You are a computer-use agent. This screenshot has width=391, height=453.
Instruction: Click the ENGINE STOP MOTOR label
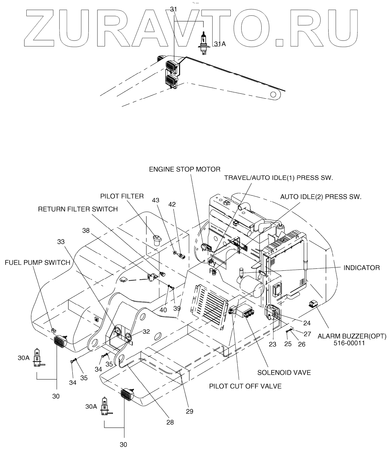185,169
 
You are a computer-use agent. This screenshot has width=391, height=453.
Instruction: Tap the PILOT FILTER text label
122,196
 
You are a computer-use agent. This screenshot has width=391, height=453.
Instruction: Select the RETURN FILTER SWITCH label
78,209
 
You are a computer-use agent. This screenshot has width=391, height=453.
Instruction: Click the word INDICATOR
362,267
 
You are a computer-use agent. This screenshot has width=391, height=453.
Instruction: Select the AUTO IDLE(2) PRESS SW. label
321,197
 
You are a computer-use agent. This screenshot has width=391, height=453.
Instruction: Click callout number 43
155,200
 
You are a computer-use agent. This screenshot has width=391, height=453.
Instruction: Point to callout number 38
86,231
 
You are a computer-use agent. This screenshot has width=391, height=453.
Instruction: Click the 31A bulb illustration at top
204,43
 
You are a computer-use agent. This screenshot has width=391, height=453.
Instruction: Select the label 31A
220,44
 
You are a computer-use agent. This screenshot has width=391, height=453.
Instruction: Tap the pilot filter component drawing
157,240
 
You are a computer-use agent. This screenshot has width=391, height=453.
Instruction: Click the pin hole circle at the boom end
273,94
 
